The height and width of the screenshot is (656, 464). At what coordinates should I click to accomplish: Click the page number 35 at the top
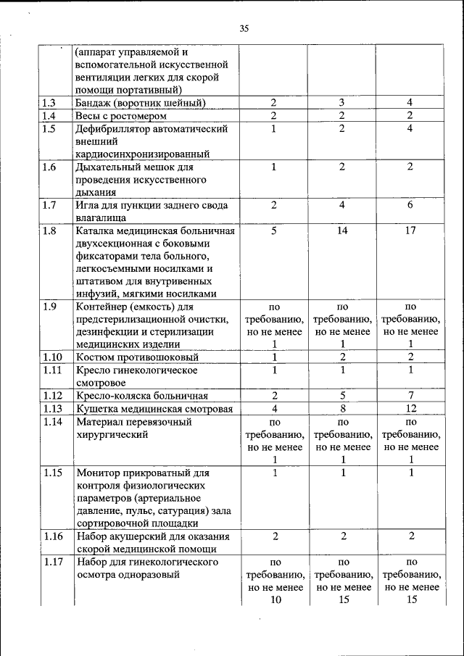pos(244,29)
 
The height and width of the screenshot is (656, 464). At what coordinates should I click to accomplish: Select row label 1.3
pos(49,104)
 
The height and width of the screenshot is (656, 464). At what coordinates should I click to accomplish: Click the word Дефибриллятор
pos(113,129)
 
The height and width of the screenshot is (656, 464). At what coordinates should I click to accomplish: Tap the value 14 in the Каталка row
pos(343,231)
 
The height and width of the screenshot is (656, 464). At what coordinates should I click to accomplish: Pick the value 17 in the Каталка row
pos(410,231)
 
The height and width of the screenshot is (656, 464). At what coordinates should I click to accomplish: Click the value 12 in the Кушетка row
pos(410,409)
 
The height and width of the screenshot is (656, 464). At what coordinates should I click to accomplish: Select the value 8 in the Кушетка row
pos(343,409)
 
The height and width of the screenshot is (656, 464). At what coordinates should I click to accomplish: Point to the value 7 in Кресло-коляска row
pos(410,396)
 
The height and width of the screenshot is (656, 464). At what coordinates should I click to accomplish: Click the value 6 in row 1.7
pos(410,205)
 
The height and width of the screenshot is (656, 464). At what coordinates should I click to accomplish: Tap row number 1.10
pos(52,357)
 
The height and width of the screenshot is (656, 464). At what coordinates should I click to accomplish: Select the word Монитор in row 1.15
pos(99,473)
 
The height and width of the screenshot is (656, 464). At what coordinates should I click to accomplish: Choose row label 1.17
pos(52,562)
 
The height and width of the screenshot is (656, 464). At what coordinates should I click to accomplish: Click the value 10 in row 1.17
pos(275,599)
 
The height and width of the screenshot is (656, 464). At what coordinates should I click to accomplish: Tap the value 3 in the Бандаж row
pos(343,104)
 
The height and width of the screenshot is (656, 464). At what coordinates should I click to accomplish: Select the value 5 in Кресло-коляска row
pos(343,396)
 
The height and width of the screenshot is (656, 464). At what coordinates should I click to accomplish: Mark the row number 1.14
pos(52,422)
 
